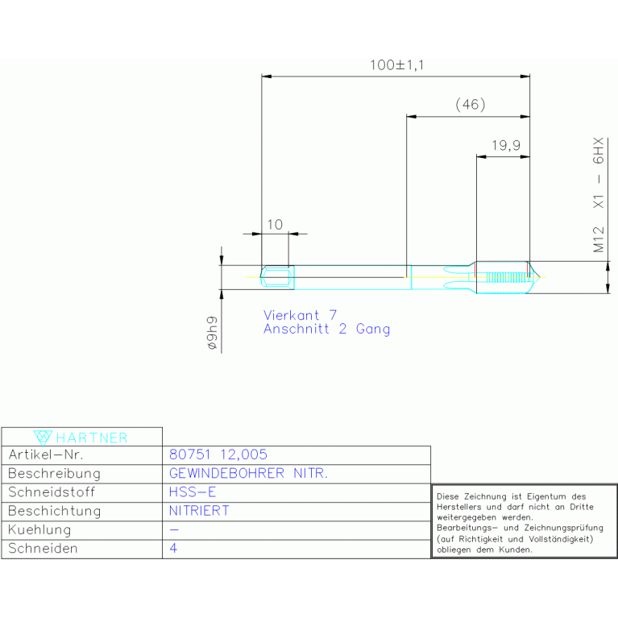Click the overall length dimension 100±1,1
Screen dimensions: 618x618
[397, 65]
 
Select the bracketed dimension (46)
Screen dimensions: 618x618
[471, 105]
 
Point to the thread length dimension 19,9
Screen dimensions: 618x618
[506, 145]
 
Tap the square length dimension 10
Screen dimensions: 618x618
[275, 225]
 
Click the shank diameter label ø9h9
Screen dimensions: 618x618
[212, 333]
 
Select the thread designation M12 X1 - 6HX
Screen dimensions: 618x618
[599, 195]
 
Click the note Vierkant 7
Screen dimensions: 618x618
[300, 315]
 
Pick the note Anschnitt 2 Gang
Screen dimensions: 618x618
[327, 329]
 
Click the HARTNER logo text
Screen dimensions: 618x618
[92, 438]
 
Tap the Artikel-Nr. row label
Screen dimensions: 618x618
[46, 454]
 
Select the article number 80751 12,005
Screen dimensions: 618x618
[218, 454]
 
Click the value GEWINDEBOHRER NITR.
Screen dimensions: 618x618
[248, 473]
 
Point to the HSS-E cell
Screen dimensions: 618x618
[193, 492]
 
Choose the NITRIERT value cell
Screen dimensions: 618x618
[199, 511]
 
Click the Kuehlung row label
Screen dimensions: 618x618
[39, 529]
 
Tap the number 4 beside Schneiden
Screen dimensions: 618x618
[173, 548]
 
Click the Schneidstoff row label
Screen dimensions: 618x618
[52, 492]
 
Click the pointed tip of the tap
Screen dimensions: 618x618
[540, 277]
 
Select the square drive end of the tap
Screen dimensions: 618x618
[277, 277]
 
